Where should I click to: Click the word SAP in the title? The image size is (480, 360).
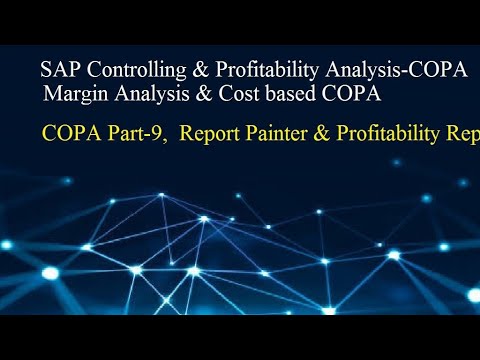coord(56,72)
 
